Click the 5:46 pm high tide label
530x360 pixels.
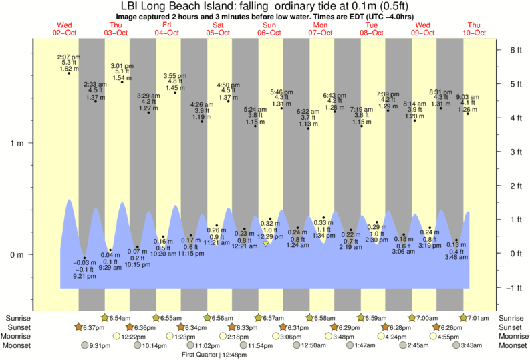click(x=281, y=92)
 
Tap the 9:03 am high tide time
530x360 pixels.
click(x=467, y=97)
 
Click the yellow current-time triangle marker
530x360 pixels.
click(x=266, y=244)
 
